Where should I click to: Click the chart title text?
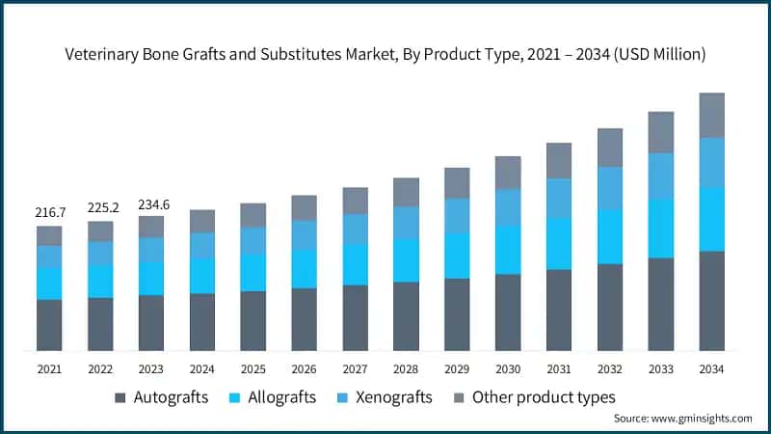(385, 55)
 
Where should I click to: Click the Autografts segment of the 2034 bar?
(711, 300)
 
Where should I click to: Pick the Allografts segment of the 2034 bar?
(711, 219)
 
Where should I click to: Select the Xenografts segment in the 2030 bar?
(508, 206)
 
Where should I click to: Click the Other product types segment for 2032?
(610, 147)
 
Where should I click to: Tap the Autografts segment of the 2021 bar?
(49, 324)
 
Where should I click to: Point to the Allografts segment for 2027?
(355, 264)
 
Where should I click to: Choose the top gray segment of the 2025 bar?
(253, 214)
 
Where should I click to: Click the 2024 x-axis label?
(202, 368)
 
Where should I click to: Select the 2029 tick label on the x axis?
(457, 368)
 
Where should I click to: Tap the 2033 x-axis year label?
(660, 368)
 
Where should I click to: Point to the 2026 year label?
(305, 368)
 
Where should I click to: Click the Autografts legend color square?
(120, 397)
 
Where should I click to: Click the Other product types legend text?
(544, 397)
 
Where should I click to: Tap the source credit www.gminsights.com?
(682, 419)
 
